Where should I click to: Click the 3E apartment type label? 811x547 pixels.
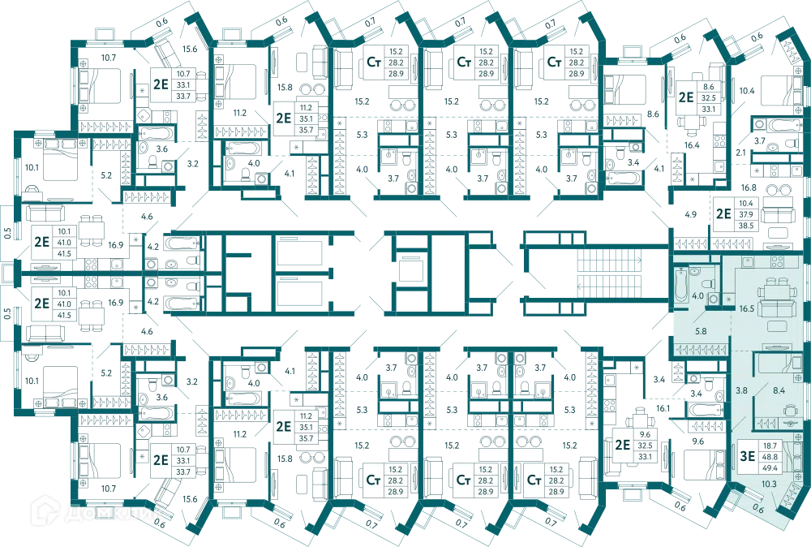point(748,456)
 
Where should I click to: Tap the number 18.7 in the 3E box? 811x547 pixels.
point(770,446)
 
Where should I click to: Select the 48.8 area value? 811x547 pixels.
point(770,457)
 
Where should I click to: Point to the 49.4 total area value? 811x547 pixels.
point(770,467)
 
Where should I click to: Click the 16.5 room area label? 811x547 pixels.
point(746,308)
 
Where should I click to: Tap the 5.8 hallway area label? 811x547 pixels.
point(701,331)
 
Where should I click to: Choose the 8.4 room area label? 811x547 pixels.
point(779,390)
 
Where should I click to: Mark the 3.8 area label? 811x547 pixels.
point(742,390)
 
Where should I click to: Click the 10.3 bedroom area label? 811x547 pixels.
point(769,484)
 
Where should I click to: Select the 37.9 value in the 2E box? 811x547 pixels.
point(746,214)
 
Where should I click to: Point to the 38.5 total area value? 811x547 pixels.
point(746,226)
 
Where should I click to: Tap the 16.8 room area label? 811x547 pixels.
point(749,187)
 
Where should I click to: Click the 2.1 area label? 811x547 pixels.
point(740,153)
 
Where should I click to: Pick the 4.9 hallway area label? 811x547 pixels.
point(690,214)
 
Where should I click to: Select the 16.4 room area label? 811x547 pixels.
point(692,145)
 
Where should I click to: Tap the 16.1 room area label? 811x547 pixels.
point(663,408)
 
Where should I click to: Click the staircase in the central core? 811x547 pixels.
point(609,273)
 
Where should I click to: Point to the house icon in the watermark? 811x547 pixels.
point(45,510)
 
